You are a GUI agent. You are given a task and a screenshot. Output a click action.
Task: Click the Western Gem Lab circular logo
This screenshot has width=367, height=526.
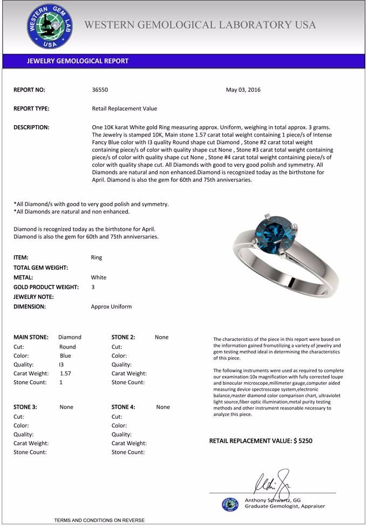[x=49, y=26]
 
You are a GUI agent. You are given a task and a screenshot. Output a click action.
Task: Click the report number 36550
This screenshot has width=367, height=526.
[x=100, y=90]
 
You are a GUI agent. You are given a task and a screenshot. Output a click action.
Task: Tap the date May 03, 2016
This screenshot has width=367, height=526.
[x=243, y=90]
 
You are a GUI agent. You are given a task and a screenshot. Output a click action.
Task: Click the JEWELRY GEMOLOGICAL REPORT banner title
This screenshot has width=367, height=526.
[x=78, y=61]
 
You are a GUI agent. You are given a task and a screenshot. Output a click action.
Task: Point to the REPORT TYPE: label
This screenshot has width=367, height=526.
[x=31, y=108]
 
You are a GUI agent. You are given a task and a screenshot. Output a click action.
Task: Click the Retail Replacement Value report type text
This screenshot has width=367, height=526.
[x=125, y=108]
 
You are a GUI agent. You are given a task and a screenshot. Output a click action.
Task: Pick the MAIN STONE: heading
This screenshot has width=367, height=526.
[x=31, y=337]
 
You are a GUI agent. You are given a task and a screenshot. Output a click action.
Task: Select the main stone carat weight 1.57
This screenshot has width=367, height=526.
[x=65, y=373]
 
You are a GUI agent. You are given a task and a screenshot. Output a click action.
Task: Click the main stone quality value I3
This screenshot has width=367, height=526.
[x=61, y=365]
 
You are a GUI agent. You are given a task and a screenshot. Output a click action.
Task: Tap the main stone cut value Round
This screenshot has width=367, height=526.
[x=67, y=347]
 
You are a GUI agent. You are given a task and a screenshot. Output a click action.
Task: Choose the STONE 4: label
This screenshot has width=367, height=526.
[x=124, y=407]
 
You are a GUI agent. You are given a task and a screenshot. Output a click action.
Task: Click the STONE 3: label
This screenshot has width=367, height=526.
[x=25, y=407]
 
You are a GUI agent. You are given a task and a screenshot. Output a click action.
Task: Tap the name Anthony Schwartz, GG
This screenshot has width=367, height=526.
[x=273, y=500]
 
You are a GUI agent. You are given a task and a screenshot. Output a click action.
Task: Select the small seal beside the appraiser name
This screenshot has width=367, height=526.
[x=230, y=504]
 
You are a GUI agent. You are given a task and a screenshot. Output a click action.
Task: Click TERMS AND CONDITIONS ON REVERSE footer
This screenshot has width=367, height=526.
[x=99, y=520]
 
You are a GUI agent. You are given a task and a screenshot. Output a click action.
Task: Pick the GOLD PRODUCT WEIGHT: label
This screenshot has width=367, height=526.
[x=46, y=287]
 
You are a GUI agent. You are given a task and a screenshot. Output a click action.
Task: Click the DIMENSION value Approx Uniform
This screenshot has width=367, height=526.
[x=111, y=306]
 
